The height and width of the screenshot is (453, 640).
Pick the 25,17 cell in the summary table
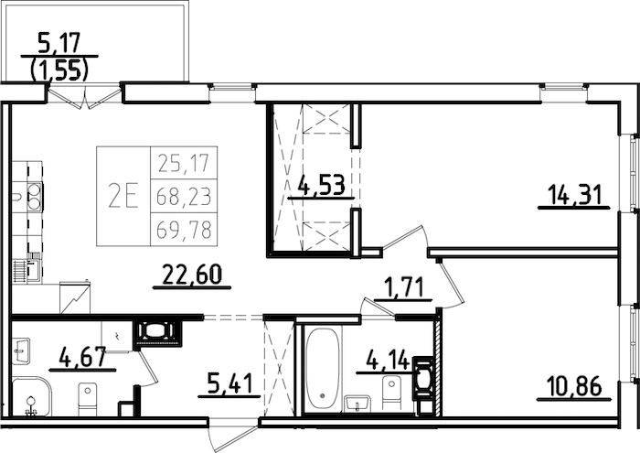pyautogui.click(x=184, y=164)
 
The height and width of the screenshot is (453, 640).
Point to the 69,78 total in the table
pyautogui.click(x=184, y=230)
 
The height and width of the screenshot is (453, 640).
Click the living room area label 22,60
pyautogui.click(x=190, y=274)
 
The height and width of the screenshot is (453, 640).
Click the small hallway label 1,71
pyautogui.click(x=402, y=289)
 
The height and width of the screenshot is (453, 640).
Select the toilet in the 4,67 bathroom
pyautogui.click(x=87, y=398)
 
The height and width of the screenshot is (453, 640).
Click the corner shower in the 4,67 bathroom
pyautogui.click(x=30, y=397)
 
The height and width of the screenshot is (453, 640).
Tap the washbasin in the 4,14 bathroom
pyautogui.click(x=357, y=404)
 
